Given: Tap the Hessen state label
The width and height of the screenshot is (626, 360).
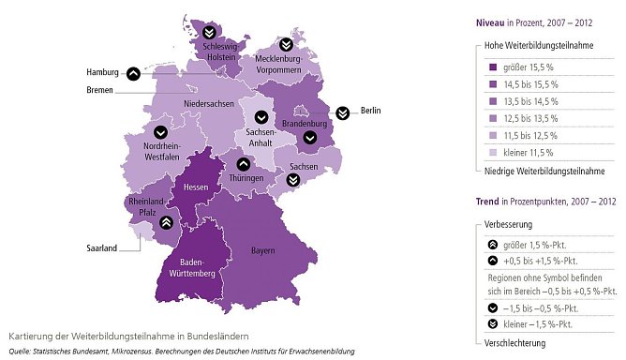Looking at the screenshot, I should [195, 187].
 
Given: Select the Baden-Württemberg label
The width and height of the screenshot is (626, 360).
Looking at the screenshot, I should [192, 267].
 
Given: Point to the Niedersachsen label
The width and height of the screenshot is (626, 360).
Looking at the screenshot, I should [209, 103].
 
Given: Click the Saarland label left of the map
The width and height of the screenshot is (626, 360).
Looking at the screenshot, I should [97, 248].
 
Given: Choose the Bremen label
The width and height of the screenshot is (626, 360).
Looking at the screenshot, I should [98, 91].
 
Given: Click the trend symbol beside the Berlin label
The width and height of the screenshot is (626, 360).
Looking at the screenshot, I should [342, 112].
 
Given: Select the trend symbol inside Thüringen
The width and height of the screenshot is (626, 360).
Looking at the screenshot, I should [243, 166].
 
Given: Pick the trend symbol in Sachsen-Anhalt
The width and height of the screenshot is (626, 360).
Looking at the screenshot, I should [261, 118].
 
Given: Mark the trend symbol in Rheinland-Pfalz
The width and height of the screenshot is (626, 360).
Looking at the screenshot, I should [165, 222].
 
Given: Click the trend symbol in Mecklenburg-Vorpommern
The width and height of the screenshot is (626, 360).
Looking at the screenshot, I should [284, 45].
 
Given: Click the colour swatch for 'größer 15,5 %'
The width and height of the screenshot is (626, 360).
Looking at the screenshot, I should [492, 67].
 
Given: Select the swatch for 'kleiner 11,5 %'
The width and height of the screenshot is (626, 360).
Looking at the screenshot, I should [492, 152].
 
